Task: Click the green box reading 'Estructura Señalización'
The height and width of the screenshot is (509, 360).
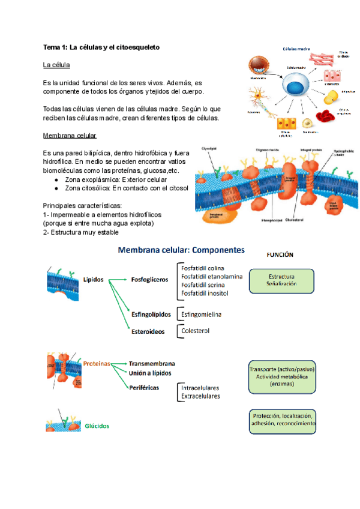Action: (282, 280)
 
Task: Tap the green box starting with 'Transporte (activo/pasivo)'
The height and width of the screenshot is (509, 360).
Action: (281, 376)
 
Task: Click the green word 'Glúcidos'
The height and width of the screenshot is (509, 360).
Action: (97, 426)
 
